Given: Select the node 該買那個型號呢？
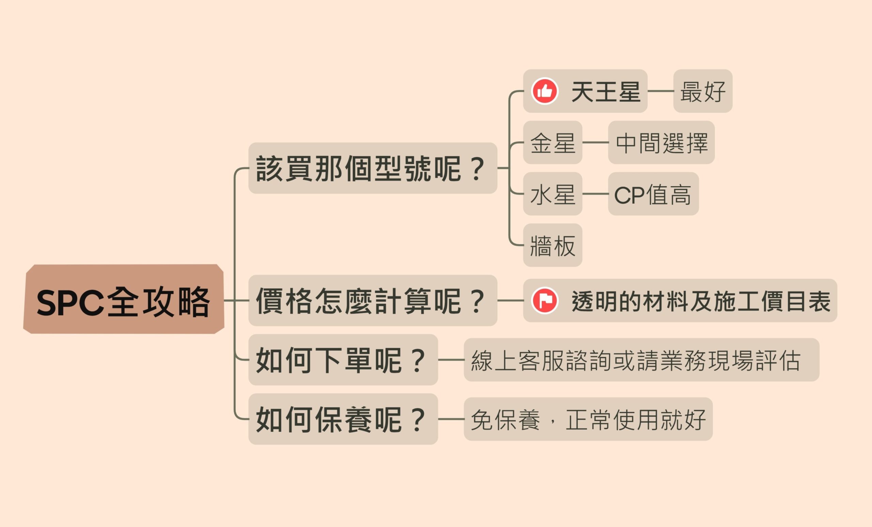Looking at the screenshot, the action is click(x=372, y=168).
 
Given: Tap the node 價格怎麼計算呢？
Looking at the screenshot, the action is click(x=372, y=300).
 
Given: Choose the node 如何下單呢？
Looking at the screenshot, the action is click(x=343, y=360).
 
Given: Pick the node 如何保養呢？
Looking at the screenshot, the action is click(x=343, y=419).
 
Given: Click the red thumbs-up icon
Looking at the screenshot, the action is click(x=545, y=91).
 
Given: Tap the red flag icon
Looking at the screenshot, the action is click(x=545, y=300).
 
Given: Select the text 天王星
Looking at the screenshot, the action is click(x=606, y=91).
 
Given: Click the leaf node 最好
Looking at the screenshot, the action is click(x=702, y=91).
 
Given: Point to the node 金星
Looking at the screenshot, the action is click(x=552, y=143).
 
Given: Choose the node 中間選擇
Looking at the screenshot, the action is click(x=661, y=143).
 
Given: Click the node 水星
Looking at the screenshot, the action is click(x=552, y=194).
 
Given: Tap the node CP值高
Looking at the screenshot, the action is click(x=653, y=194).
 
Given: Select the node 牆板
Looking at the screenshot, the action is click(x=552, y=245).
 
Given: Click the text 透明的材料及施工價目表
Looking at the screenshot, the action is click(x=701, y=301).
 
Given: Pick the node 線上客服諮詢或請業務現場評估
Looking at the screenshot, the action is click(x=641, y=360).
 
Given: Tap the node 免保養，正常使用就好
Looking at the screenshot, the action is click(x=588, y=419).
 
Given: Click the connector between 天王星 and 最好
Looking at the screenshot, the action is click(x=660, y=91).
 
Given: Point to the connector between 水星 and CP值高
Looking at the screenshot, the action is click(x=595, y=194).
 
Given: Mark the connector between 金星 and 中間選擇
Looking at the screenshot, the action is click(x=595, y=143).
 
